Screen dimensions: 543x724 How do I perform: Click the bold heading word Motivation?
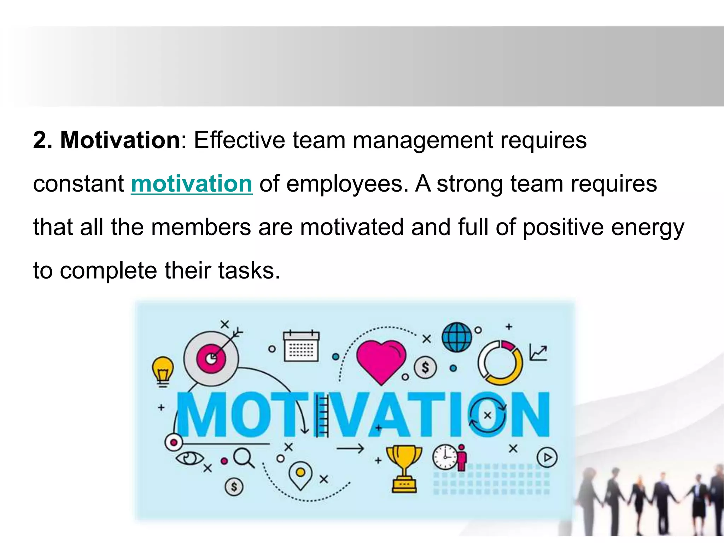120,140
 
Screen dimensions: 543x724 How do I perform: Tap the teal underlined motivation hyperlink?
192,184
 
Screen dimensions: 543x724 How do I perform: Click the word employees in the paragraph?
344,185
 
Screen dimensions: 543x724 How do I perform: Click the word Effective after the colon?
239,140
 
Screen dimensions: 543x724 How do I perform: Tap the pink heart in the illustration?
381,361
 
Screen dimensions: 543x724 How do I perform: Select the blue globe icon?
457,337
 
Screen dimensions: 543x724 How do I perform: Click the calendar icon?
301,346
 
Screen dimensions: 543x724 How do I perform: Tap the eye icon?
189,459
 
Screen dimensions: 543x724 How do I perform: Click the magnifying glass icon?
243,457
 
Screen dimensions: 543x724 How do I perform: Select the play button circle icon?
547,457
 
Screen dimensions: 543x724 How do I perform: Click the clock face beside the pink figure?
445,457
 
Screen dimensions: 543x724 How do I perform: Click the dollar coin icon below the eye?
234,487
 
